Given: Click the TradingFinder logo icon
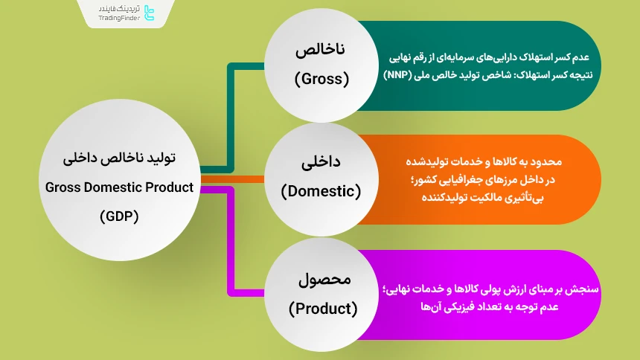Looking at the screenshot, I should click(149, 13).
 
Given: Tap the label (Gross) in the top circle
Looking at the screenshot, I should click(322, 78).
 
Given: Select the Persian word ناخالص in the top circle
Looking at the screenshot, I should click(322, 51).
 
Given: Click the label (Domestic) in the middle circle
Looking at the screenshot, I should click(321, 191).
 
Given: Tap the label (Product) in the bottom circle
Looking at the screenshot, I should click(322, 306).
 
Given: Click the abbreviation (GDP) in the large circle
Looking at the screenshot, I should click(119, 216).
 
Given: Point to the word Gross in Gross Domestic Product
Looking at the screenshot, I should click(63, 187).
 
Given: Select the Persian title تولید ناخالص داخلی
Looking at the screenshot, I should click(119, 158).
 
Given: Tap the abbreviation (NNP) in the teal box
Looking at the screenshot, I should click(400, 75).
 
